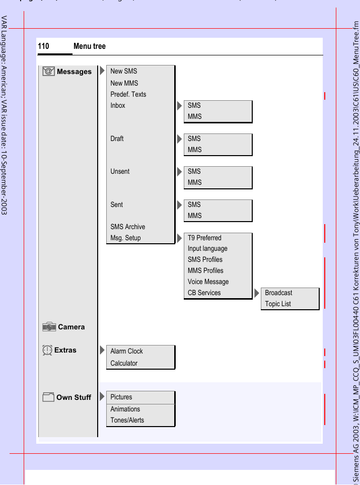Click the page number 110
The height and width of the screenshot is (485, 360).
[x=43, y=46]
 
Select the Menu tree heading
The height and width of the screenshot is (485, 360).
[x=90, y=46]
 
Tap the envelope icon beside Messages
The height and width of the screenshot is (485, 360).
[x=49, y=72]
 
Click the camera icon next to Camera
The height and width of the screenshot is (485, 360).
[x=49, y=327]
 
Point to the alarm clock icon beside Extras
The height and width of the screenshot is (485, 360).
[x=48, y=350]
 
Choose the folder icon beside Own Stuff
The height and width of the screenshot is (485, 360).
[x=48, y=397]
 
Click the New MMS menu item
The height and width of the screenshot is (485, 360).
[x=124, y=83]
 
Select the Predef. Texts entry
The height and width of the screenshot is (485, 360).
[x=128, y=94]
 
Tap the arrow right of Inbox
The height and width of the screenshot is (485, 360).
[x=179, y=106]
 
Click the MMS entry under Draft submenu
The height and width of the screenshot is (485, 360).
[x=194, y=150]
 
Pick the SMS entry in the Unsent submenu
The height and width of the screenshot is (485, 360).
[x=194, y=171]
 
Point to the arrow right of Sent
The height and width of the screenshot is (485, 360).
[x=179, y=205]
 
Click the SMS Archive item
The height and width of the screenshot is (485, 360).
[x=127, y=227]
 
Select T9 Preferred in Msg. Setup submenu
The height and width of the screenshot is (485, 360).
[x=204, y=238]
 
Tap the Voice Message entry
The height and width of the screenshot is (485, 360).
[x=208, y=282]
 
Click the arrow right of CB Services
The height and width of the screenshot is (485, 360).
[x=256, y=293]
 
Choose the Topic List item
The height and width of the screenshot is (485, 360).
[x=278, y=304]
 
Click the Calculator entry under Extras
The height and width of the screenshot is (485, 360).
[x=124, y=363]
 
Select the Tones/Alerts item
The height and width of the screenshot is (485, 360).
[x=127, y=420]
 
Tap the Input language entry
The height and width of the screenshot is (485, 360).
[x=207, y=249]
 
